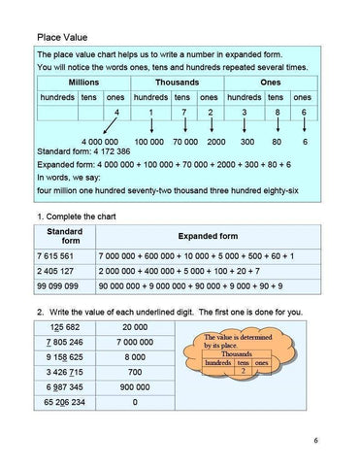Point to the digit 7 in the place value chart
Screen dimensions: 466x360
pyautogui.click(x=182, y=114)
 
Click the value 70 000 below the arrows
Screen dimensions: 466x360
pyautogui.click(x=184, y=142)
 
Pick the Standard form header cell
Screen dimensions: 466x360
pyautogui.click(x=64, y=236)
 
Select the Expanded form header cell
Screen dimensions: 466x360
pyautogui.click(x=208, y=236)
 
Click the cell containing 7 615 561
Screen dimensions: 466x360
pyautogui.click(x=60, y=254)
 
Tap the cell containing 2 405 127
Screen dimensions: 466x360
pyautogui.click(x=60, y=271)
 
